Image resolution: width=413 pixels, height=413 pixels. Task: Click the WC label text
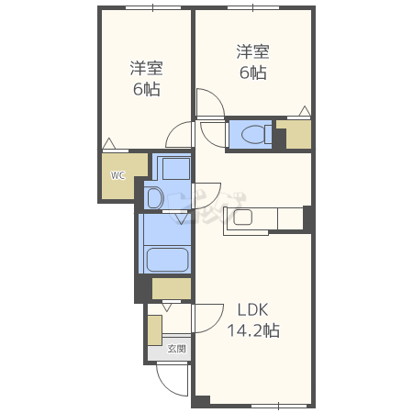118,175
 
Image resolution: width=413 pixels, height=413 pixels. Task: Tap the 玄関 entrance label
177,349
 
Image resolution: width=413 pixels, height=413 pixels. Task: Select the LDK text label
253,310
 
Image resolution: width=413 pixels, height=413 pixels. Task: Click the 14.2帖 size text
253,330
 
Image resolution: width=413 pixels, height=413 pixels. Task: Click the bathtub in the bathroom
167,260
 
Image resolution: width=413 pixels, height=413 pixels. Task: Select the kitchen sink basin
242,218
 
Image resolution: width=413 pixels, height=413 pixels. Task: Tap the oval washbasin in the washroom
155,197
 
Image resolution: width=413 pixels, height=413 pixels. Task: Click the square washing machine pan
176,169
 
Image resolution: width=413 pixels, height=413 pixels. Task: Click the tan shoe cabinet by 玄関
155,330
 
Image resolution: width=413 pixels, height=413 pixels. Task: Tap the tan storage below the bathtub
172,288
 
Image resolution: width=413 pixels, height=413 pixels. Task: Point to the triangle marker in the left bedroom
109,144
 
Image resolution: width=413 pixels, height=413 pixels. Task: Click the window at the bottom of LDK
278,406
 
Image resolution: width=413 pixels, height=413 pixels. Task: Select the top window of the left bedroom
152,7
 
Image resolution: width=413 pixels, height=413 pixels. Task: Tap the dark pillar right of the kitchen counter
307,218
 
